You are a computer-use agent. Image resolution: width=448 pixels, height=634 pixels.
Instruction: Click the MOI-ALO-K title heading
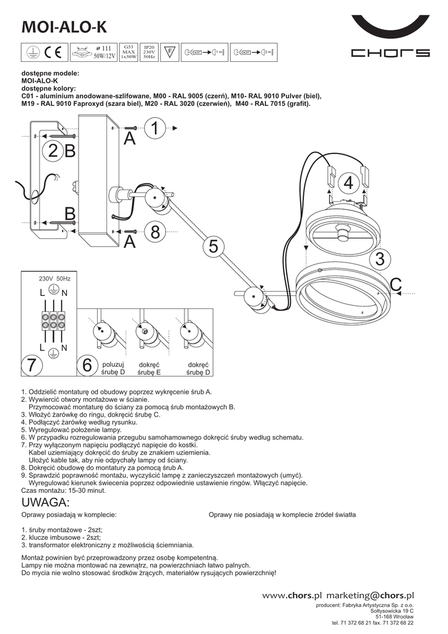[x=64, y=27]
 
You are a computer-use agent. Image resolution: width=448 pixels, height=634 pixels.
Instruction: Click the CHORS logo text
[x=390, y=53]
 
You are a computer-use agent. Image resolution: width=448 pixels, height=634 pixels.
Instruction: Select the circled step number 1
[x=155, y=129]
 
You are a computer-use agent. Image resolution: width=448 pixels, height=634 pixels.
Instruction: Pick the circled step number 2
[x=53, y=150]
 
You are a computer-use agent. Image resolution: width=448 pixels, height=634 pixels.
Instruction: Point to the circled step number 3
[x=380, y=259]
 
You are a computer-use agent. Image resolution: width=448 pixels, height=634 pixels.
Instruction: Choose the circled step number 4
[x=348, y=183]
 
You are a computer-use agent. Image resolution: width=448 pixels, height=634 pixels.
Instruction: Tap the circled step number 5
[x=213, y=246]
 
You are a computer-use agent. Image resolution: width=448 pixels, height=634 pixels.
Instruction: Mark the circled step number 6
[x=87, y=365]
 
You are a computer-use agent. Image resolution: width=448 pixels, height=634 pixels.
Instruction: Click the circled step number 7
[x=32, y=365]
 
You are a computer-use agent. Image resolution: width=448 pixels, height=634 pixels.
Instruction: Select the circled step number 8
[x=155, y=233]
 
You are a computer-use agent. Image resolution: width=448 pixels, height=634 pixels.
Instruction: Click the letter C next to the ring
[x=395, y=284]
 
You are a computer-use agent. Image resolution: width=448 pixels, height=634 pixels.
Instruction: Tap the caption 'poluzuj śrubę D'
[x=113, y=368]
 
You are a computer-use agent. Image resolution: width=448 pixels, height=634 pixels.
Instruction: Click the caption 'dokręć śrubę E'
[x=149, y=368]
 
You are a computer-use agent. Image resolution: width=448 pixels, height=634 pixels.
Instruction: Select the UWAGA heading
[x=46, y=502]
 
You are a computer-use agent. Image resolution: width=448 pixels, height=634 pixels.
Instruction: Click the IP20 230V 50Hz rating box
[x=149, y=51]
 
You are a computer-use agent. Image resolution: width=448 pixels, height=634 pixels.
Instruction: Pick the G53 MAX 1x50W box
[x=129, y=51]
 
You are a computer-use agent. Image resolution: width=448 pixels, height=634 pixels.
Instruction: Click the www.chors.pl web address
[x=293, y=595]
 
